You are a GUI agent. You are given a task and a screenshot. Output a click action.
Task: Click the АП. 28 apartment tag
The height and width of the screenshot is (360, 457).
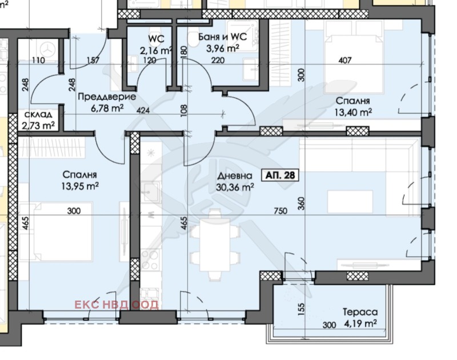click(281, 175)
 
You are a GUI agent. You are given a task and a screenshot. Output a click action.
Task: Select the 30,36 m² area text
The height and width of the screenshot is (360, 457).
click(235, 187)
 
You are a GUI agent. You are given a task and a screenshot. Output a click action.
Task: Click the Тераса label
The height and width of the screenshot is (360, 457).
click(360, 313)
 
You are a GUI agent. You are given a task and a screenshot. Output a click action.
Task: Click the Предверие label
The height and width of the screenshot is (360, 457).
click(107, 97)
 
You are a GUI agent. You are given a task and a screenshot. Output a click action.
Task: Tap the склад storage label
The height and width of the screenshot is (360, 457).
click(38, 114)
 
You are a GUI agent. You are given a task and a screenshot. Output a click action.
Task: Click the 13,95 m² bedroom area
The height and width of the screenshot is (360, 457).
click(79, 186)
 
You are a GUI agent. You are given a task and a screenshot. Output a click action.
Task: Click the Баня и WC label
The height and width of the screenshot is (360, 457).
click(222, 38)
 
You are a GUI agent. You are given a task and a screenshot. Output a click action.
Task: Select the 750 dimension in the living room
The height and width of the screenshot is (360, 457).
click(280, 211)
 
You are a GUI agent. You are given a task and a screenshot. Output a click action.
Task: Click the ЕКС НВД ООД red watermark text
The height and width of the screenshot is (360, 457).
click(116, 305)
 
